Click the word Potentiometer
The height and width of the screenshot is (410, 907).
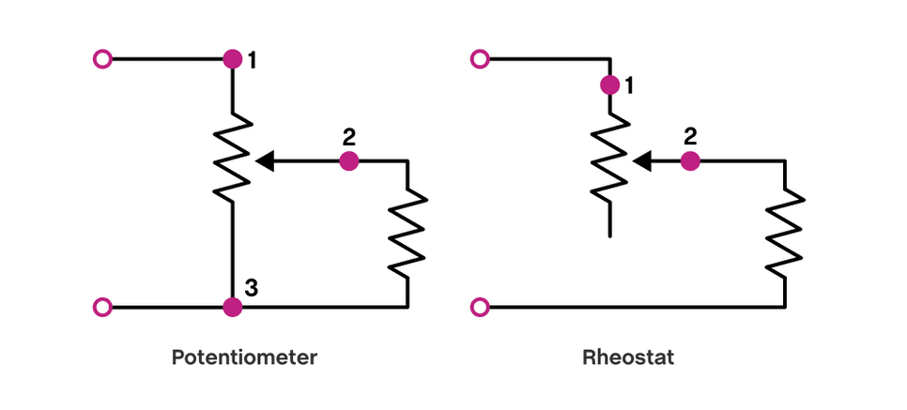click(245, 357)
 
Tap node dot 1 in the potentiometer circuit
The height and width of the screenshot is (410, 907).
click(233, 59)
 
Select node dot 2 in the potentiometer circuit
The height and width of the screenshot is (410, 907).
click(349, 161)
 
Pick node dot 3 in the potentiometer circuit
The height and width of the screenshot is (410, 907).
click(233, 307)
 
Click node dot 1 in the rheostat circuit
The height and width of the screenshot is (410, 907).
click(610, 85)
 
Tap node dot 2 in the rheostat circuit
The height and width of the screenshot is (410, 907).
click(690, 161)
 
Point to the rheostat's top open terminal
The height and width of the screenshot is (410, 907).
click(481, 59)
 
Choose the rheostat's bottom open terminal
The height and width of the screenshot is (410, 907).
click(481, 307)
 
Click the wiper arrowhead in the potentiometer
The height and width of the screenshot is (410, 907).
click(265, 161)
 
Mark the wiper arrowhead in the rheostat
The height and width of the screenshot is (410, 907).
click(642, 161)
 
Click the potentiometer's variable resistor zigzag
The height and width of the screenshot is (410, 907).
click(233, 155)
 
